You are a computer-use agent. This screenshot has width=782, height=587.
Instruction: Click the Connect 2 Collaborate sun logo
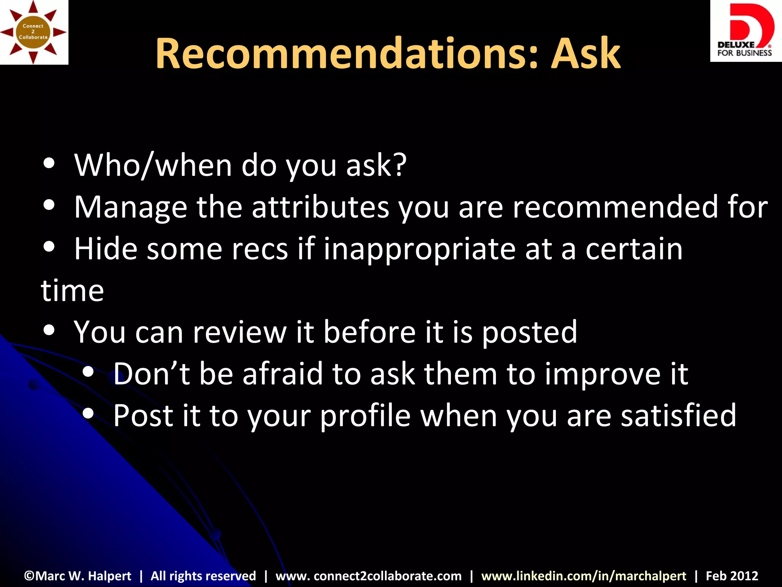tap(34, 32)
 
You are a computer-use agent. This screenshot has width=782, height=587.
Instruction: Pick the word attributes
tap(320, 207)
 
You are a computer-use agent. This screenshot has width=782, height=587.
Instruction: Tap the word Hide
tap(106, 249)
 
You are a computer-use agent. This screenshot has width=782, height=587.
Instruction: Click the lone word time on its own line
tap(72, 290)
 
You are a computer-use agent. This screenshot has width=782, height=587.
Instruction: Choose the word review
tap(239, 332)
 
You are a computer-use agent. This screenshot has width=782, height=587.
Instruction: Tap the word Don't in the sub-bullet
tap(152, 373)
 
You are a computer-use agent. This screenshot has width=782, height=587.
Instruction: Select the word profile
tap(365, 416)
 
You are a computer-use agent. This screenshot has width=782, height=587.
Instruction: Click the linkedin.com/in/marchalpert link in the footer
tap(583, 576)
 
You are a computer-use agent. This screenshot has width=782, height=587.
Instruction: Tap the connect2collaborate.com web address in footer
tap(368, 576)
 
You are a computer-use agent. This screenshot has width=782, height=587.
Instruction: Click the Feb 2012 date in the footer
tap(732, 576)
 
